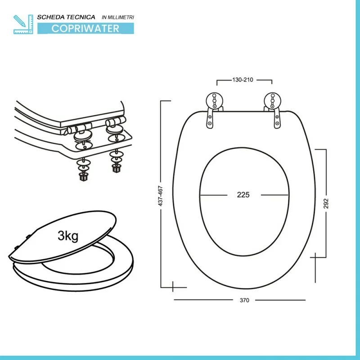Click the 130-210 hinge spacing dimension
243,80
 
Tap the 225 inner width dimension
243,195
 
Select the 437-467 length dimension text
160,196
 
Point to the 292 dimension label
326,203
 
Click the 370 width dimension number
244,300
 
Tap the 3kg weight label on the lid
68,236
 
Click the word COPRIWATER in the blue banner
85,28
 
